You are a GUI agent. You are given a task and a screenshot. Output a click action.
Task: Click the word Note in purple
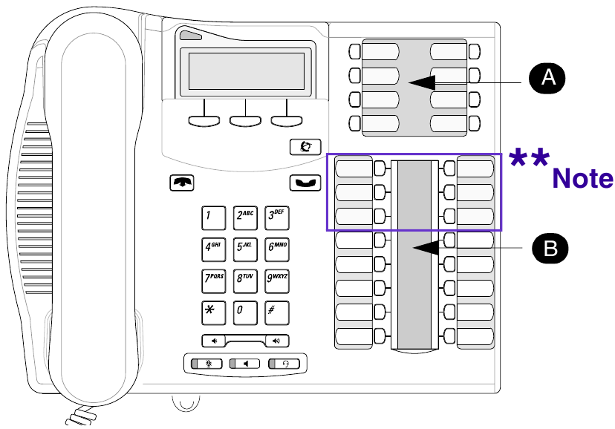[x=583, y=179]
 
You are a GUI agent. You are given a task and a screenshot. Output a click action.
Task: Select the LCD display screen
[x=246, y=71]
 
